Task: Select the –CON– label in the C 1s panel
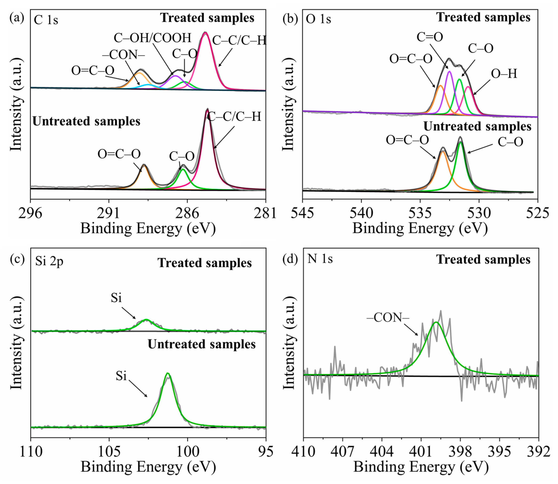click(123, 55)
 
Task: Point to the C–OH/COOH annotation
click(152, 38)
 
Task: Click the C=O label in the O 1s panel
click(430, 37)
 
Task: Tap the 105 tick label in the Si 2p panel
click(109, 451)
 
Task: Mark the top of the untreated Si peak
click(168, 374)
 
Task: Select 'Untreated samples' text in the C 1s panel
click(86, 121)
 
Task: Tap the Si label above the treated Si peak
click(116, 298)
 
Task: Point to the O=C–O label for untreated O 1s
click(407, 140)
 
